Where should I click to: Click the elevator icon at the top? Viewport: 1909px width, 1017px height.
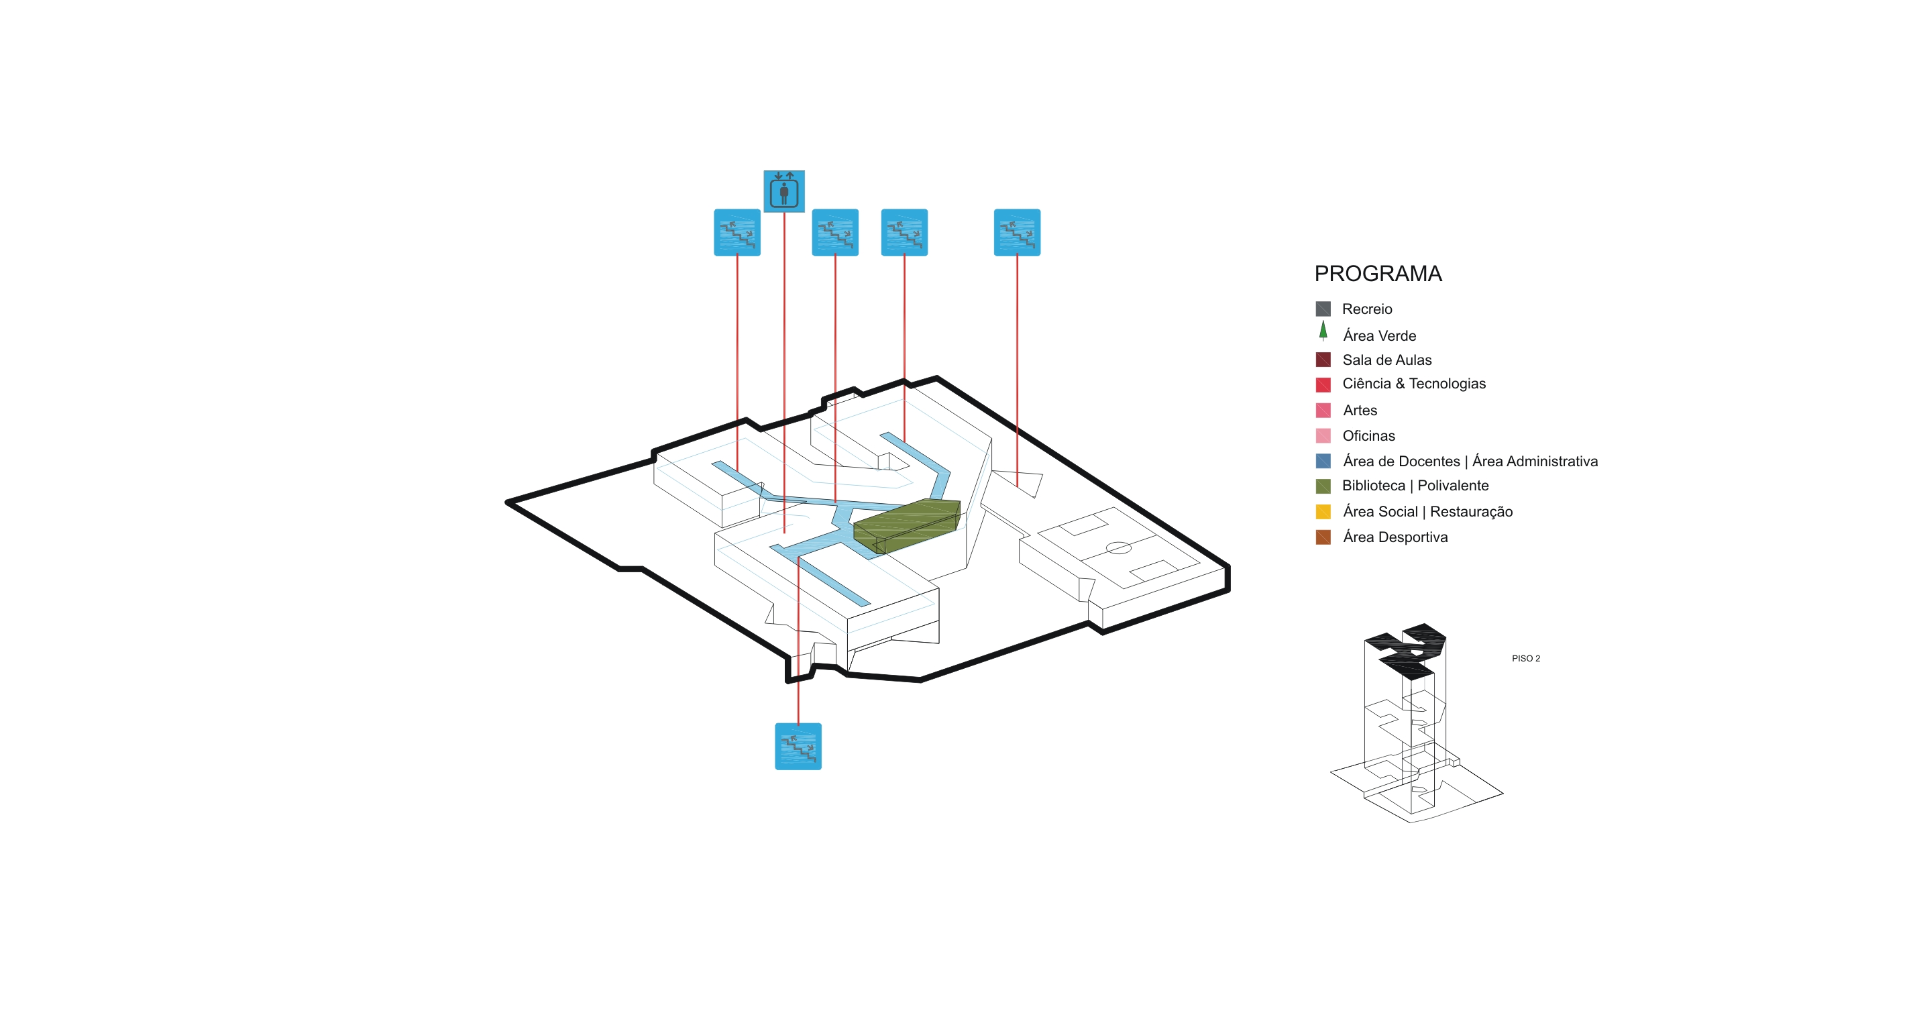[x=784, y=191]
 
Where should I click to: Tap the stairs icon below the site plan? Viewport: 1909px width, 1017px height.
[x=798, y=746]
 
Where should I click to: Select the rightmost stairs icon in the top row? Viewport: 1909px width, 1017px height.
[x=1017, y=232]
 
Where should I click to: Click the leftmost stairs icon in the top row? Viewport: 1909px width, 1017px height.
[x=737, y=232]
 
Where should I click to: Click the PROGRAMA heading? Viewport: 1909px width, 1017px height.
[x=1378, y=274]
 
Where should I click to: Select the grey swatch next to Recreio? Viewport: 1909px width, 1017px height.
[x=1323, y=309]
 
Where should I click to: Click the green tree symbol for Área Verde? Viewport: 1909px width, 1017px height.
[x=1323, y=331]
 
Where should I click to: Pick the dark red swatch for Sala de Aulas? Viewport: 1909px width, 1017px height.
[x=1323, y=360]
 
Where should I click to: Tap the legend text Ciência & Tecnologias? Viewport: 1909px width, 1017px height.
[x=1413, y=383]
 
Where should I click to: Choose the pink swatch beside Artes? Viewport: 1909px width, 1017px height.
[x=1323, y=410]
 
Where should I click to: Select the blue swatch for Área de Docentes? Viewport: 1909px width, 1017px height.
[x=1323, y=461]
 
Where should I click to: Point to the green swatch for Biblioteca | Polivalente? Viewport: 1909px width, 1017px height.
[x=1323, y=486]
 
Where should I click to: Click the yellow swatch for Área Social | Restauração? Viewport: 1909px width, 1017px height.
[x=1323, y=511]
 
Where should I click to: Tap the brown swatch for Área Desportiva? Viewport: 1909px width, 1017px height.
[x=1323, y=537]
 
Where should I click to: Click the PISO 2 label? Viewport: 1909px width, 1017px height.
[x=1525, y=658]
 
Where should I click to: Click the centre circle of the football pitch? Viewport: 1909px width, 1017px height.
[x=1118, y=548]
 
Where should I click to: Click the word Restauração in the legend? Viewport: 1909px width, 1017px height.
[x=1470, y=511]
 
